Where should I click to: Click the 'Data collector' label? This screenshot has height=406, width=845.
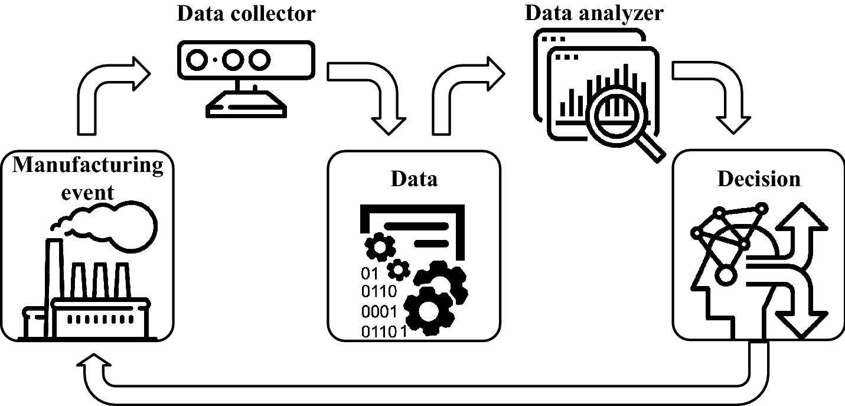coord(246,14)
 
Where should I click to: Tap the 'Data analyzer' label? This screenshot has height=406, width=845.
coord(594,12)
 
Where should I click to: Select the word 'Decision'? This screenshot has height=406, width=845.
coord(758,178)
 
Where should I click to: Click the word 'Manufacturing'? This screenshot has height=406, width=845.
coord(88,165)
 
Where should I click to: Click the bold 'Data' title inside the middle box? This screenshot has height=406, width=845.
coord(414,178)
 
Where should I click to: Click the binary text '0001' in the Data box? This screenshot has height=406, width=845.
coord(379,311)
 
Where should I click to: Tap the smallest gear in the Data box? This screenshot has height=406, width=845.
coord(399,269)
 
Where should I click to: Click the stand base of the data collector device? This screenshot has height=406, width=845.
coord(246,106)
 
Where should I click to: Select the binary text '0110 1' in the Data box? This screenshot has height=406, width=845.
coord(384,331)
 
